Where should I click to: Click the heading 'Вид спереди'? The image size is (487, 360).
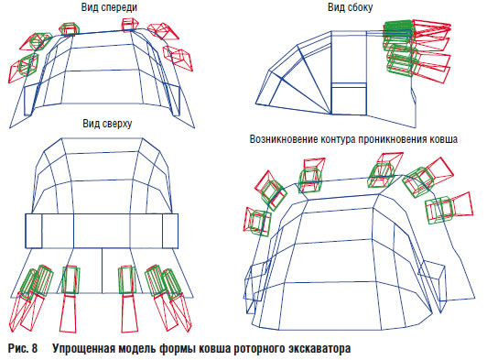coord(109,7)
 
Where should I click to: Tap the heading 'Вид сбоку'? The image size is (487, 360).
coord(350,7)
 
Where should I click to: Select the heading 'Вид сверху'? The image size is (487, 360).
coord(107,124)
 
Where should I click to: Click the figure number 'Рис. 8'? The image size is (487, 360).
coord(22,348)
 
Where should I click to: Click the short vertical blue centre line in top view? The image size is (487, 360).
coord(103,270)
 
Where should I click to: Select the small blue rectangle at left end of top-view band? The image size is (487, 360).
coord(34,231)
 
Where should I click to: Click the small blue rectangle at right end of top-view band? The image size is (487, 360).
coord(170,231)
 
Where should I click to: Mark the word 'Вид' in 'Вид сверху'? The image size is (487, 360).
coord(91,123)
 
